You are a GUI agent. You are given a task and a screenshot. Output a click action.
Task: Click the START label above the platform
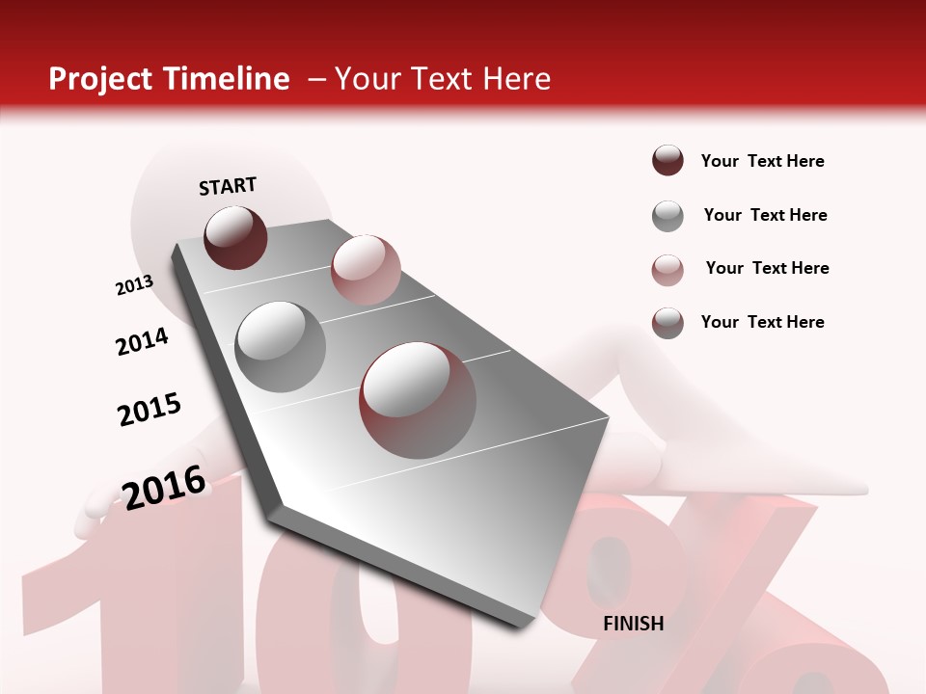(x=228, y=186)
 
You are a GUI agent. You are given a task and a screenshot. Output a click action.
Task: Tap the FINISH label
(x=633, y=624)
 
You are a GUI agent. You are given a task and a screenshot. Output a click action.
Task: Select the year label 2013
(x=134, y=285)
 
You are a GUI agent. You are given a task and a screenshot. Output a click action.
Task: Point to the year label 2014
(x=142, y=341)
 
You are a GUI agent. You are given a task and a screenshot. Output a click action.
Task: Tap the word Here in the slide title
(x=516, y=79)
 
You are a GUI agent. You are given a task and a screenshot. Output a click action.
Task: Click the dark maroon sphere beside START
(x=235, y=238)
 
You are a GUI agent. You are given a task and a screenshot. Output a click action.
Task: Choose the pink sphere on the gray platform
(x=366, y=269)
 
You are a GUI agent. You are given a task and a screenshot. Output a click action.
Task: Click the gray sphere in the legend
(x=667, y=216)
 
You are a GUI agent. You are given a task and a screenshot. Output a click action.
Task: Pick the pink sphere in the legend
(x=667, y=270)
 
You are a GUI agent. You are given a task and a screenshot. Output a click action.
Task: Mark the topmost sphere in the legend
(x=667, y=160)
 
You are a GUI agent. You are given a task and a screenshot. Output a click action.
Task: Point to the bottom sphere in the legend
(x=667, y=323)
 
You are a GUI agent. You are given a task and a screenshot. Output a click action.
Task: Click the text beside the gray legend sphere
(x=765, y=215)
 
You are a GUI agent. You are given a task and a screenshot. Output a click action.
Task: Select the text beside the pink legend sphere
(x=767, y=268)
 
